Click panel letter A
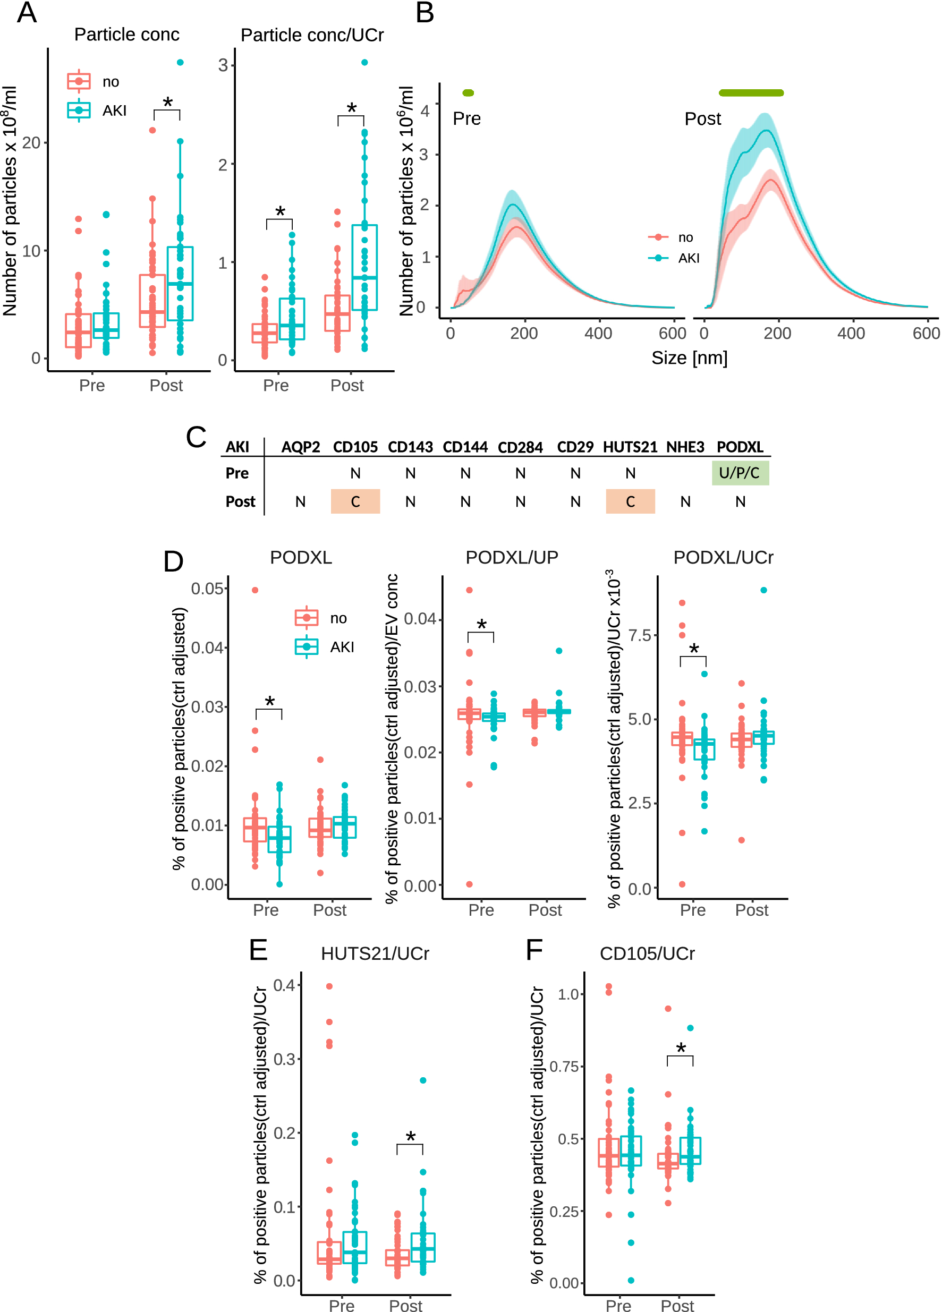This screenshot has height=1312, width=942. [27, 13]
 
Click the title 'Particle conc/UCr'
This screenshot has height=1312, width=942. [312, 35]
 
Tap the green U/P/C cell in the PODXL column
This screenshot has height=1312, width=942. [740, 473]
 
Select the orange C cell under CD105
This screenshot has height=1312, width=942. [355, 501]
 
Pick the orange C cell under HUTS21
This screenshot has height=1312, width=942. [630, 501]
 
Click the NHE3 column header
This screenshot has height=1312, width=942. [684, 447]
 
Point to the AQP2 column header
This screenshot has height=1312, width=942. [300, 447]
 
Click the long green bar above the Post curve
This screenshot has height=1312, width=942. [751, 92]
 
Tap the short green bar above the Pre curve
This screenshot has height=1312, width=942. [468, 92]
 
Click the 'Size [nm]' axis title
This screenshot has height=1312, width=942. [689, 357]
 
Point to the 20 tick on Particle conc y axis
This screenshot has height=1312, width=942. [31, 142]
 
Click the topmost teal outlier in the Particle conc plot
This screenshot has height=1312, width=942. [180, 62]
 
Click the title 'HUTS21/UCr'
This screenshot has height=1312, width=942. [375, 953]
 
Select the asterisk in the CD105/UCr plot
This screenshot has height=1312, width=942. [681, 1049]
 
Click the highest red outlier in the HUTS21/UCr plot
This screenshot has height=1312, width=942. [329, 986]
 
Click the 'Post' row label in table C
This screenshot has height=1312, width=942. [240, 501]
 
